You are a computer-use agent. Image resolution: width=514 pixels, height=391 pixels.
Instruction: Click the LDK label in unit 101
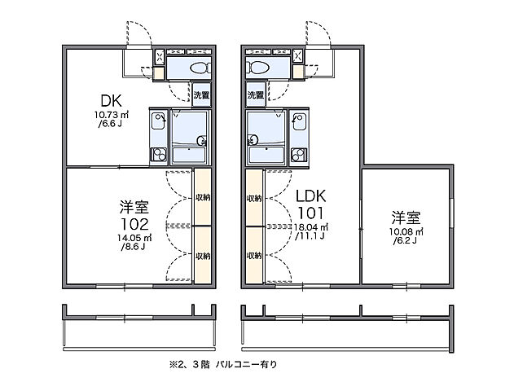(x=311, y=196)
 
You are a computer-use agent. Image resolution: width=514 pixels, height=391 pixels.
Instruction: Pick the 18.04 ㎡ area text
(x=311, y=227)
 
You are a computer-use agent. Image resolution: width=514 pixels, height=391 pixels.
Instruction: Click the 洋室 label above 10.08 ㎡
(x=405, y=217)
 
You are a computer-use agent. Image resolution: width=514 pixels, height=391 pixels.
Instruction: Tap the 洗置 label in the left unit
(x=201, y=95)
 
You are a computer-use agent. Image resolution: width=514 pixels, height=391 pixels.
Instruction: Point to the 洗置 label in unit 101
(x=256, y=95)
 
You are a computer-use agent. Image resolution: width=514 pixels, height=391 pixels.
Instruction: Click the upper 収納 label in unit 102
(x=203, y=198)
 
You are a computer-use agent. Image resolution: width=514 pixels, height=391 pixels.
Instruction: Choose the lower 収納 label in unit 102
(x=203, y=255)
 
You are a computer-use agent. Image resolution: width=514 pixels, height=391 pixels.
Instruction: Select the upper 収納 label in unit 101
(x=254, y=198)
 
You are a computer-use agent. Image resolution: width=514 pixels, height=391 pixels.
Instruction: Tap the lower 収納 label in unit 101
(x=254, y=255)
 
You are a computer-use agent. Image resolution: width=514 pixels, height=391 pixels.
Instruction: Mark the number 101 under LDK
(x=311, y=213)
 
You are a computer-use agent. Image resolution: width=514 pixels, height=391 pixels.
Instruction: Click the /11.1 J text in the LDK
(x=312, y=236)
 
